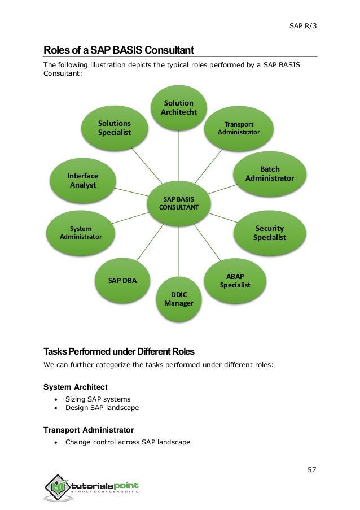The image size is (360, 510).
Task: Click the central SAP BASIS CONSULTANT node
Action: pos(179,203)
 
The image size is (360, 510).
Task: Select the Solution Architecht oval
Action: pos(179,108)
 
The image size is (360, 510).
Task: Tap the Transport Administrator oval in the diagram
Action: pos(239,128)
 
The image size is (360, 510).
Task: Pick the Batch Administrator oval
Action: pos(270,174)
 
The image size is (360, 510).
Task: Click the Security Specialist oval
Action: pos(270,233)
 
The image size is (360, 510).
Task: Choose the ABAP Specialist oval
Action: pos(235,281)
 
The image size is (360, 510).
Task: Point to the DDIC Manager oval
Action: pos(179,299)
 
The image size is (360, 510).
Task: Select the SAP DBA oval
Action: pos(122,280)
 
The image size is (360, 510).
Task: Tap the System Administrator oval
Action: pos(81,233)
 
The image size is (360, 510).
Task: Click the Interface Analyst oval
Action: pos(83,181)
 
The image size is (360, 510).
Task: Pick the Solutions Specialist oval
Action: pos(115,128)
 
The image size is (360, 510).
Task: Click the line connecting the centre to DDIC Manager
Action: pos(179,251)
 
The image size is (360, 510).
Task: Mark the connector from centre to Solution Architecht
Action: pos(179,156)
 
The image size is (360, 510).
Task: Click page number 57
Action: pos(312,470)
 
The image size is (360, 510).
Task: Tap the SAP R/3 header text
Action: pos(303,25)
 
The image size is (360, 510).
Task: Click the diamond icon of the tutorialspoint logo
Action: pos(58,487)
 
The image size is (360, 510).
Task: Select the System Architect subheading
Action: pos(76,387)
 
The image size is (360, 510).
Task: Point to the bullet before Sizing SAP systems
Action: pos(56,399)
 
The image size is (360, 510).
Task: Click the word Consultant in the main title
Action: pos(169,50)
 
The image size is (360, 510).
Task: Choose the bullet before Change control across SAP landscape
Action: pos(56,442)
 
